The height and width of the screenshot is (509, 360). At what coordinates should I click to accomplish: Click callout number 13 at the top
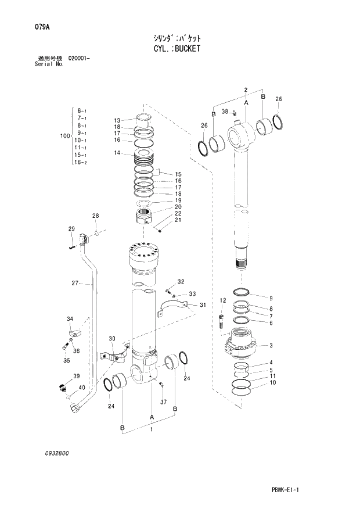117,120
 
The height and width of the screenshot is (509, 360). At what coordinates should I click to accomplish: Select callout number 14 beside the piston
117,153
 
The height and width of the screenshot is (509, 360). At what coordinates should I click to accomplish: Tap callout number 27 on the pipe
74,284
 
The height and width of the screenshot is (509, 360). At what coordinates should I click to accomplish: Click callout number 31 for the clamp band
203,306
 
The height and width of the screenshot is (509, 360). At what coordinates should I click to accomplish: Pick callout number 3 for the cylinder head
271,345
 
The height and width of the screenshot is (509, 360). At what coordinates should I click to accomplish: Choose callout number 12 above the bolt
222,300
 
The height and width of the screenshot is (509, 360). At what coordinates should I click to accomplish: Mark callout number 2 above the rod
246,89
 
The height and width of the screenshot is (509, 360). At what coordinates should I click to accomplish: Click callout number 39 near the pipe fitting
76,377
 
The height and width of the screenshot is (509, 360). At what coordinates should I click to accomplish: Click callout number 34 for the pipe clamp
70,318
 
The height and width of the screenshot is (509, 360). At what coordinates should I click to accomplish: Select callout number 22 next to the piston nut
178,214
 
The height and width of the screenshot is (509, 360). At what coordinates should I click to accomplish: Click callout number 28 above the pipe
95,216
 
